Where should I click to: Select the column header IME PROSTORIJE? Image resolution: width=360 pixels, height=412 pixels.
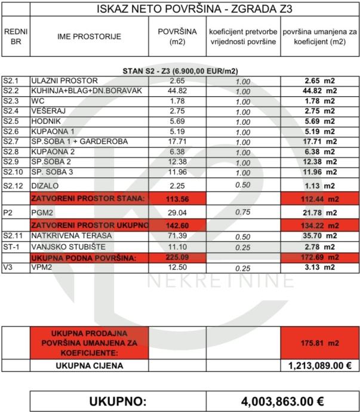click(89, 36)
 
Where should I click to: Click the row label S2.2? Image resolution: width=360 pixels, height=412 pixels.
click(11, 91)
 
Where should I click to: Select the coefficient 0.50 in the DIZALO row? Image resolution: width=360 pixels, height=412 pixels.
click(242, 185)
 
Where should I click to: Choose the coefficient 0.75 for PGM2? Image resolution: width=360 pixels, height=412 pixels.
click(242, 211)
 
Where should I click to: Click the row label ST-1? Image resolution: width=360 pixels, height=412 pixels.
click(10, 246)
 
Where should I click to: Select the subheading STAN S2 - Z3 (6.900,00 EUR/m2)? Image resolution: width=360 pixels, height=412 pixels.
click(180, 71)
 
